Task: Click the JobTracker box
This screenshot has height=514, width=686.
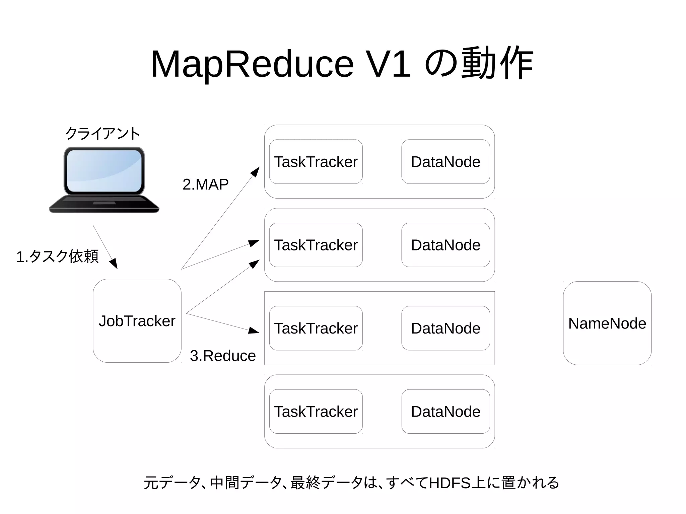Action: click(x=137, y=321)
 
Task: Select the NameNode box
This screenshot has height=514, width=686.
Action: click(x=607, y=323)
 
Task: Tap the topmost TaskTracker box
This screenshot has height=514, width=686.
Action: click(x=316, y=162)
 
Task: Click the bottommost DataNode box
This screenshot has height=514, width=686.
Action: click(x=445, y=411)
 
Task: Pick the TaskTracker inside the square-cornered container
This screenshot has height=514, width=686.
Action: click(x=316, y=328)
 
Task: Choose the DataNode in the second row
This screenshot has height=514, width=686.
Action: click(x=445, y=245)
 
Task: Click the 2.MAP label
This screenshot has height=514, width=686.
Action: click(x=205, y=184)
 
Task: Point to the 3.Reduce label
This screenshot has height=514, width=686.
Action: click(x=223, y=356)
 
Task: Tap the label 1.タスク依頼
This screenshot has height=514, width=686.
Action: click(x=57, y=256)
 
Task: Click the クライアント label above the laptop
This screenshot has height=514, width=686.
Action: click(x=102, y=133)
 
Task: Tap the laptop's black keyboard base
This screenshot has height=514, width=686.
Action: click(x=104, y=204)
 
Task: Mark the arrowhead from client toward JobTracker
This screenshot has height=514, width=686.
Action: click(x=114, y=264)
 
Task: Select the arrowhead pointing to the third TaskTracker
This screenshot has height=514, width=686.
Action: click(x=254, y=331)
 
